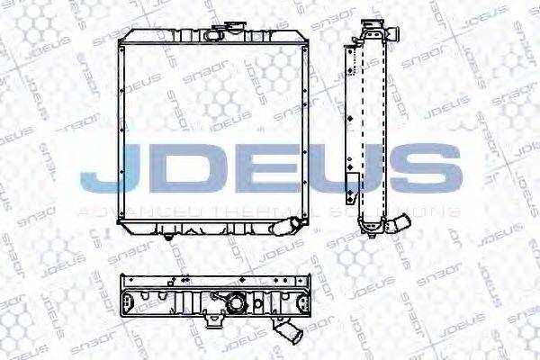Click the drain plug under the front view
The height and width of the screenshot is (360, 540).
(x=167, y=239)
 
